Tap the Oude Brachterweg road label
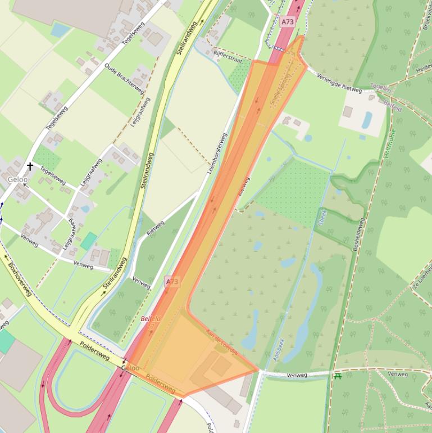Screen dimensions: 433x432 pyautogui.click(x=124, y=79)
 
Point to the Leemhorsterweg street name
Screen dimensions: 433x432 pyautogui.click(x=217, y=153)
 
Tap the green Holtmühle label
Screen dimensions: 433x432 pyautogui.click(x=390, y=143)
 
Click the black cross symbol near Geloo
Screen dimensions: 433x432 pyautogui.click(x=30, y=166)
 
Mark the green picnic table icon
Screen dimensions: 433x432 pyautogui.click(x=338, y=376)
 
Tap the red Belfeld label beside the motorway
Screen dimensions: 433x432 pyautogui.click(x=151, y=319)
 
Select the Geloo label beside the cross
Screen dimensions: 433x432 pyautogui.click(x=17, y=179)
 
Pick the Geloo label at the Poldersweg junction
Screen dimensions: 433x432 pyautogui.click(x=130, y=368)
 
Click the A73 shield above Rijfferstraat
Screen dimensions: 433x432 pyautogui.click(x=287, y=22)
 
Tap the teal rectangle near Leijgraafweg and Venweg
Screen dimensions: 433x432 pyautogui.click(x=88, y=241)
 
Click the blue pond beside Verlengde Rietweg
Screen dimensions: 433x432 pyautogui.click(x=367, y=119)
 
